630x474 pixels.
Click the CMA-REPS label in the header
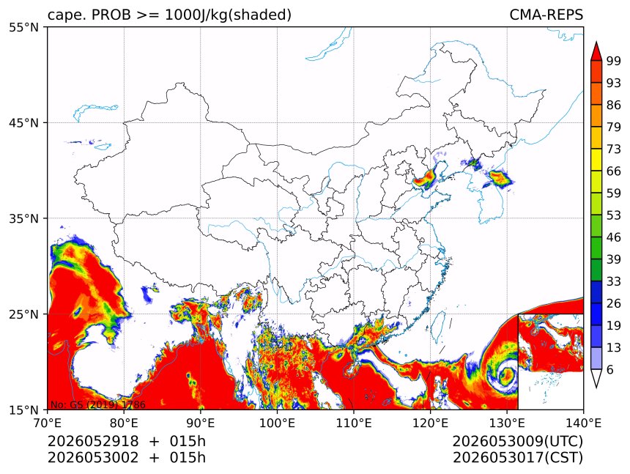tap(546, 15)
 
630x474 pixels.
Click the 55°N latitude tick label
tap(23, 27)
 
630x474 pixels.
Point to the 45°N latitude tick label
tap(23, 122)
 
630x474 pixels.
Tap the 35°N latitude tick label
tap(23, 218)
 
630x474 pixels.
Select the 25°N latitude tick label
tap(23, 314)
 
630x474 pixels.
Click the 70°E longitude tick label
tap(48, 423)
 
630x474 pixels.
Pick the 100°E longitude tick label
tap(277, 423)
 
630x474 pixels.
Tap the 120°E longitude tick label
tap(430, 423)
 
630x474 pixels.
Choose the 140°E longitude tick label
tap(583, 423)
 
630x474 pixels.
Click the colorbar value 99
tap(614, 61)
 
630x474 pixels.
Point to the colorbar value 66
tap(614, 171)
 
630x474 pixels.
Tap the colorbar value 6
tap(610, 369)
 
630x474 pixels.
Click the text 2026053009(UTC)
tap(517, 442)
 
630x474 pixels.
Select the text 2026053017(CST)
tap(517, 458)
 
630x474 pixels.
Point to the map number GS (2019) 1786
tap(97, 404)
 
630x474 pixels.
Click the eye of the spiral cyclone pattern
tap(506, 375)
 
